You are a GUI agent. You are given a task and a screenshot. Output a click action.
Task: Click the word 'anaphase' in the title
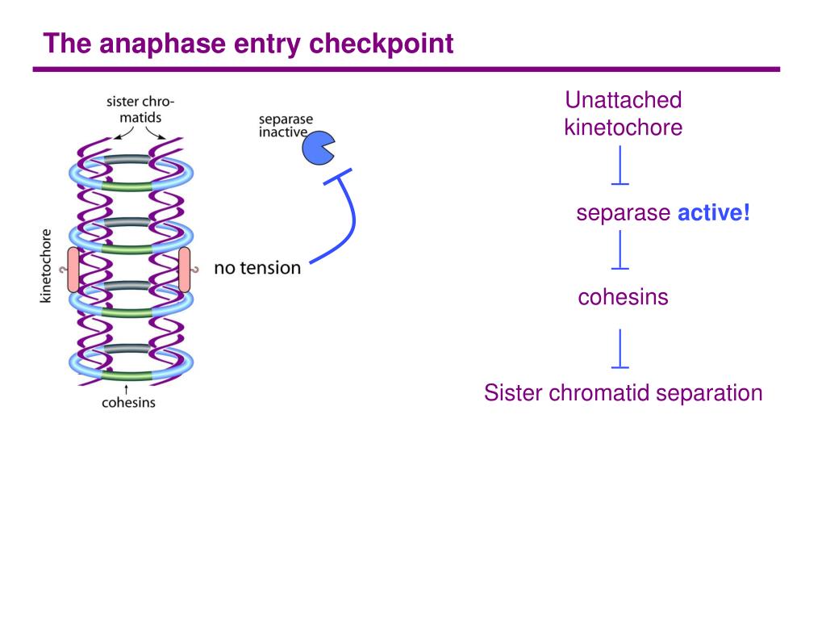(162, 44)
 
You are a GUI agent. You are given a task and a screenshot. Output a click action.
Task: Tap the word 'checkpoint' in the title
(381, 44)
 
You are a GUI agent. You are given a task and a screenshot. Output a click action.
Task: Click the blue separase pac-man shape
(318, 148)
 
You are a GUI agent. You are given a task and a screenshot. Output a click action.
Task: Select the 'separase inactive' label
(286, 125)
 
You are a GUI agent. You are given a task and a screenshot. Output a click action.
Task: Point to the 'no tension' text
(257, 268)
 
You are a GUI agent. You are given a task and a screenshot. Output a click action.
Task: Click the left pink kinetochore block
(73, 270)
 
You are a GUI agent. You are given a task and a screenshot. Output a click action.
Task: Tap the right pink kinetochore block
(185, 270)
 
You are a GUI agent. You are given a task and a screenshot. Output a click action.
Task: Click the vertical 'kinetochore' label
(46, 266)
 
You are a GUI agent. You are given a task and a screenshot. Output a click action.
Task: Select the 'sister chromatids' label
(140, 109)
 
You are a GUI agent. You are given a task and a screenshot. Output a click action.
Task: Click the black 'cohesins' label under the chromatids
(128, 403)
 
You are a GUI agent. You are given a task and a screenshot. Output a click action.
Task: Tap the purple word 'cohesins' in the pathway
(623, 297)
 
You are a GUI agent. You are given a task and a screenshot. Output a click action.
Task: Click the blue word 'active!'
(713, 213)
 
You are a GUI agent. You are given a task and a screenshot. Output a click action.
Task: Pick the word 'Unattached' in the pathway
(624, 100)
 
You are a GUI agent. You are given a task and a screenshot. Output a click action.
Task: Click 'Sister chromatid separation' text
(624, 393)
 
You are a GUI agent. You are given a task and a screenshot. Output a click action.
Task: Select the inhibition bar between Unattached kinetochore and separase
(620, 165)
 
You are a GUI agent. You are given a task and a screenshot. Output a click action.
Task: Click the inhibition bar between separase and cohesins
(620, 250)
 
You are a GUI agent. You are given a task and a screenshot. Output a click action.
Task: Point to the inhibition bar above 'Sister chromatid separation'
(620, 349)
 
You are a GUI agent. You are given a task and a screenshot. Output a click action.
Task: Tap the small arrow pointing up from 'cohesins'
(126, 390)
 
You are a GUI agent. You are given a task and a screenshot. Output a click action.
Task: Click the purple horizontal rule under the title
(407, 69)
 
